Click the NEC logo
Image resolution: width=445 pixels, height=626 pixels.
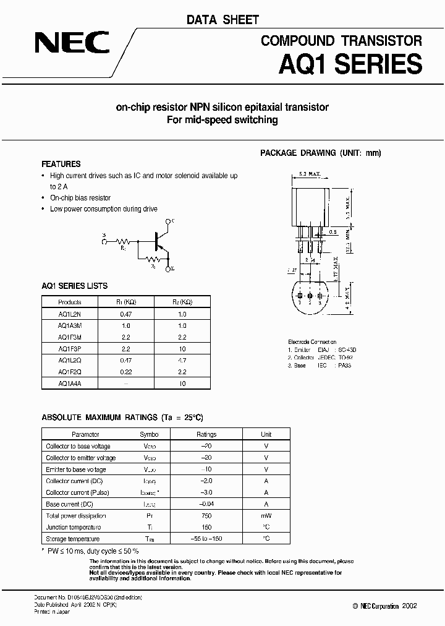click(72, 43)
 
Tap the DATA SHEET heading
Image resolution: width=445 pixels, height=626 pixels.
click(222, 20)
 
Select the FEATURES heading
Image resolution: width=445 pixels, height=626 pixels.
click(61, 164)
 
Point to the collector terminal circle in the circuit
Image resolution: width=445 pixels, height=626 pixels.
click(167, 221)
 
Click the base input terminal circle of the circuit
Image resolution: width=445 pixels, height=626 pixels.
click(104, 241)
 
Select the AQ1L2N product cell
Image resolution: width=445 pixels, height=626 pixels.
click(69, 314)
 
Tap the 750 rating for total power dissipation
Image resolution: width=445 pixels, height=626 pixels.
click(206, 516)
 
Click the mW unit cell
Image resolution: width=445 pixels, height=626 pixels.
click(266, 516)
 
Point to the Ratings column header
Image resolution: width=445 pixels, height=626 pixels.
click(206, 434)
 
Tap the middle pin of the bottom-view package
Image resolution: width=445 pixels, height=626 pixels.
click(310, 296)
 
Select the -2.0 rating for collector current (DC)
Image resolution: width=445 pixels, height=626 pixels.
click(206, 481)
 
